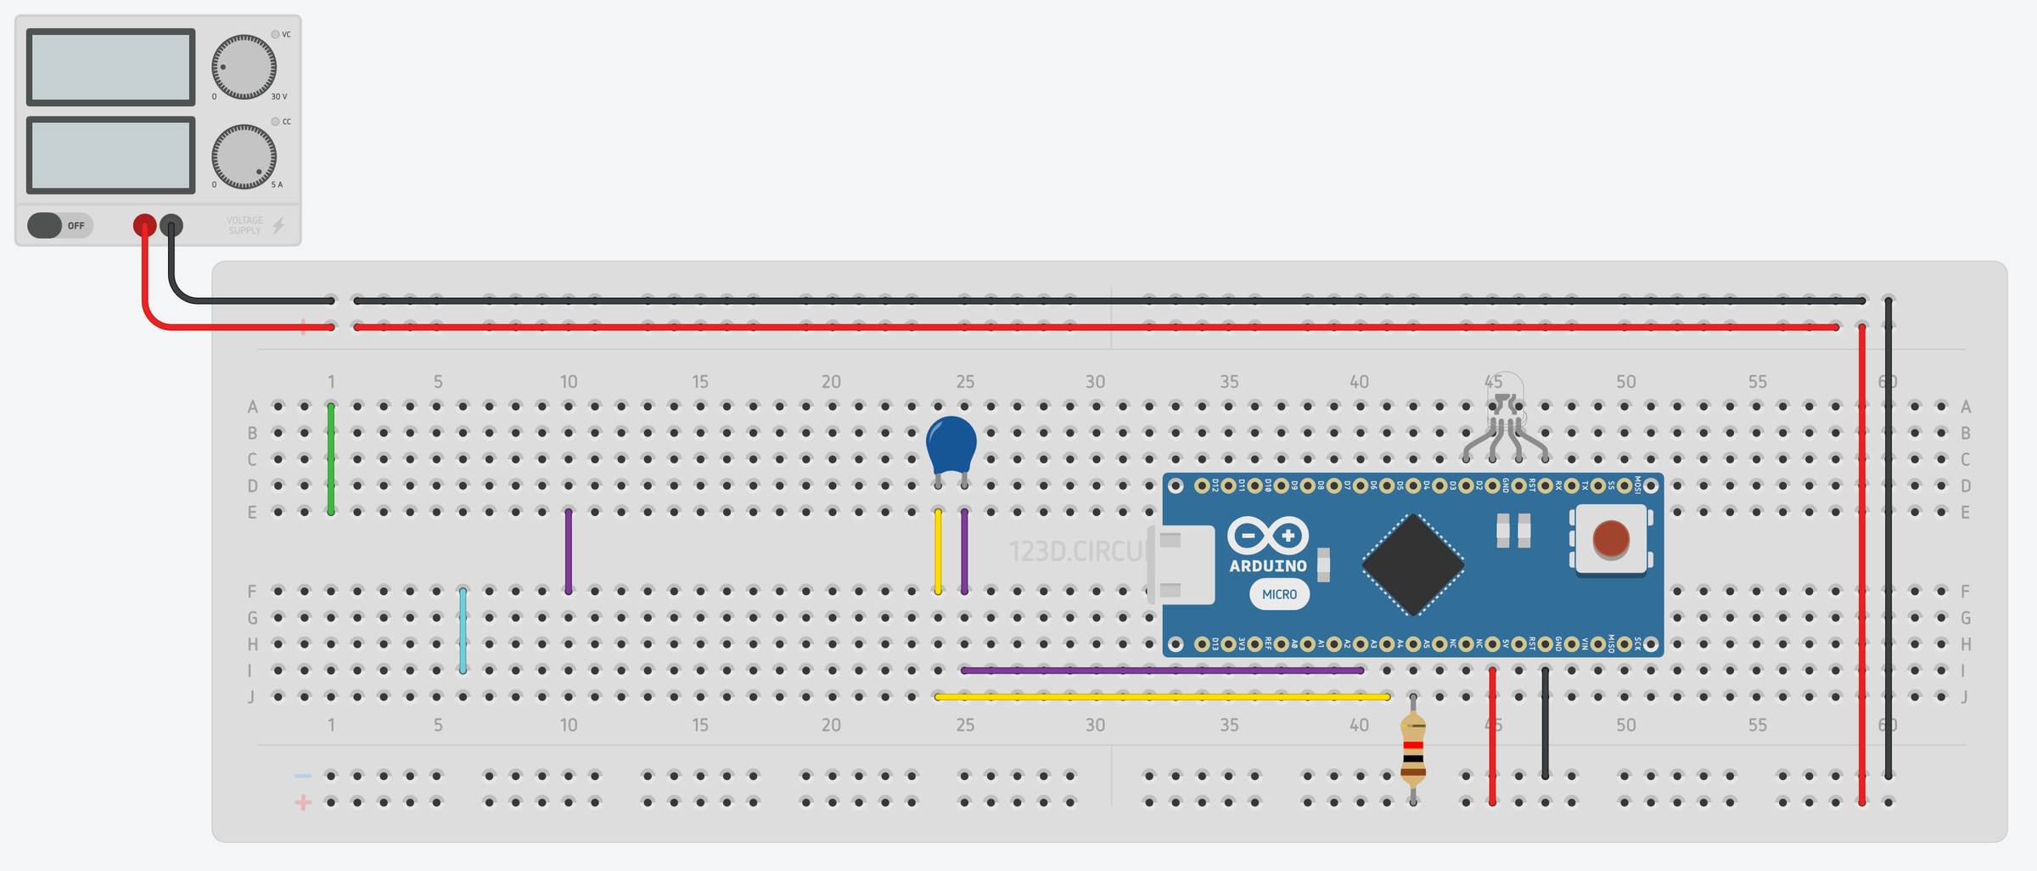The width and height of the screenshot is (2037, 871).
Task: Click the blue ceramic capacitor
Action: click(x=951, y=444)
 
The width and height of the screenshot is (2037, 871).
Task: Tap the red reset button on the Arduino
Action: click(x=1610, y=539)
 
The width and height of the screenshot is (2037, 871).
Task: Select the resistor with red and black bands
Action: click(x=1412, y=749)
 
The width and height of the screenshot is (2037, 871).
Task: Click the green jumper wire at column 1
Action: click(x=331, y=458)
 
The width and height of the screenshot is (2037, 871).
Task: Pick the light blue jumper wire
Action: click(x=463, y=630)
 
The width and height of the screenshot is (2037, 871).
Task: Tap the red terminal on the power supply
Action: click(x=145, y=225)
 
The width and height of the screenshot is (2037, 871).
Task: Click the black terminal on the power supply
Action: click(x=171, y=225)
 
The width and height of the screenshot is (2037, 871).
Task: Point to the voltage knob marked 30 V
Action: click(x=244, y=67)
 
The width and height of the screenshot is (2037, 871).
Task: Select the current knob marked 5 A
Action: click(x=244, y=156)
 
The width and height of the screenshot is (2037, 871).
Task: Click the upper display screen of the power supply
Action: click(x=111, y=67)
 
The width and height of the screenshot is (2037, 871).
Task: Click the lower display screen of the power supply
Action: click(x=111, y=155)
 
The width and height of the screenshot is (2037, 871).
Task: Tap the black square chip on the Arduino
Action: click(x=1412, y=565)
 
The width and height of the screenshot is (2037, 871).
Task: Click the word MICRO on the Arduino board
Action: click(x=1279, y=594)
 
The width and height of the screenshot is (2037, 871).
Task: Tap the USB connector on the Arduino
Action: click(x=1182, y=565)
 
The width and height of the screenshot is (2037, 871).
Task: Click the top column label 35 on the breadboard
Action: click(x=1229, y=382)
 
